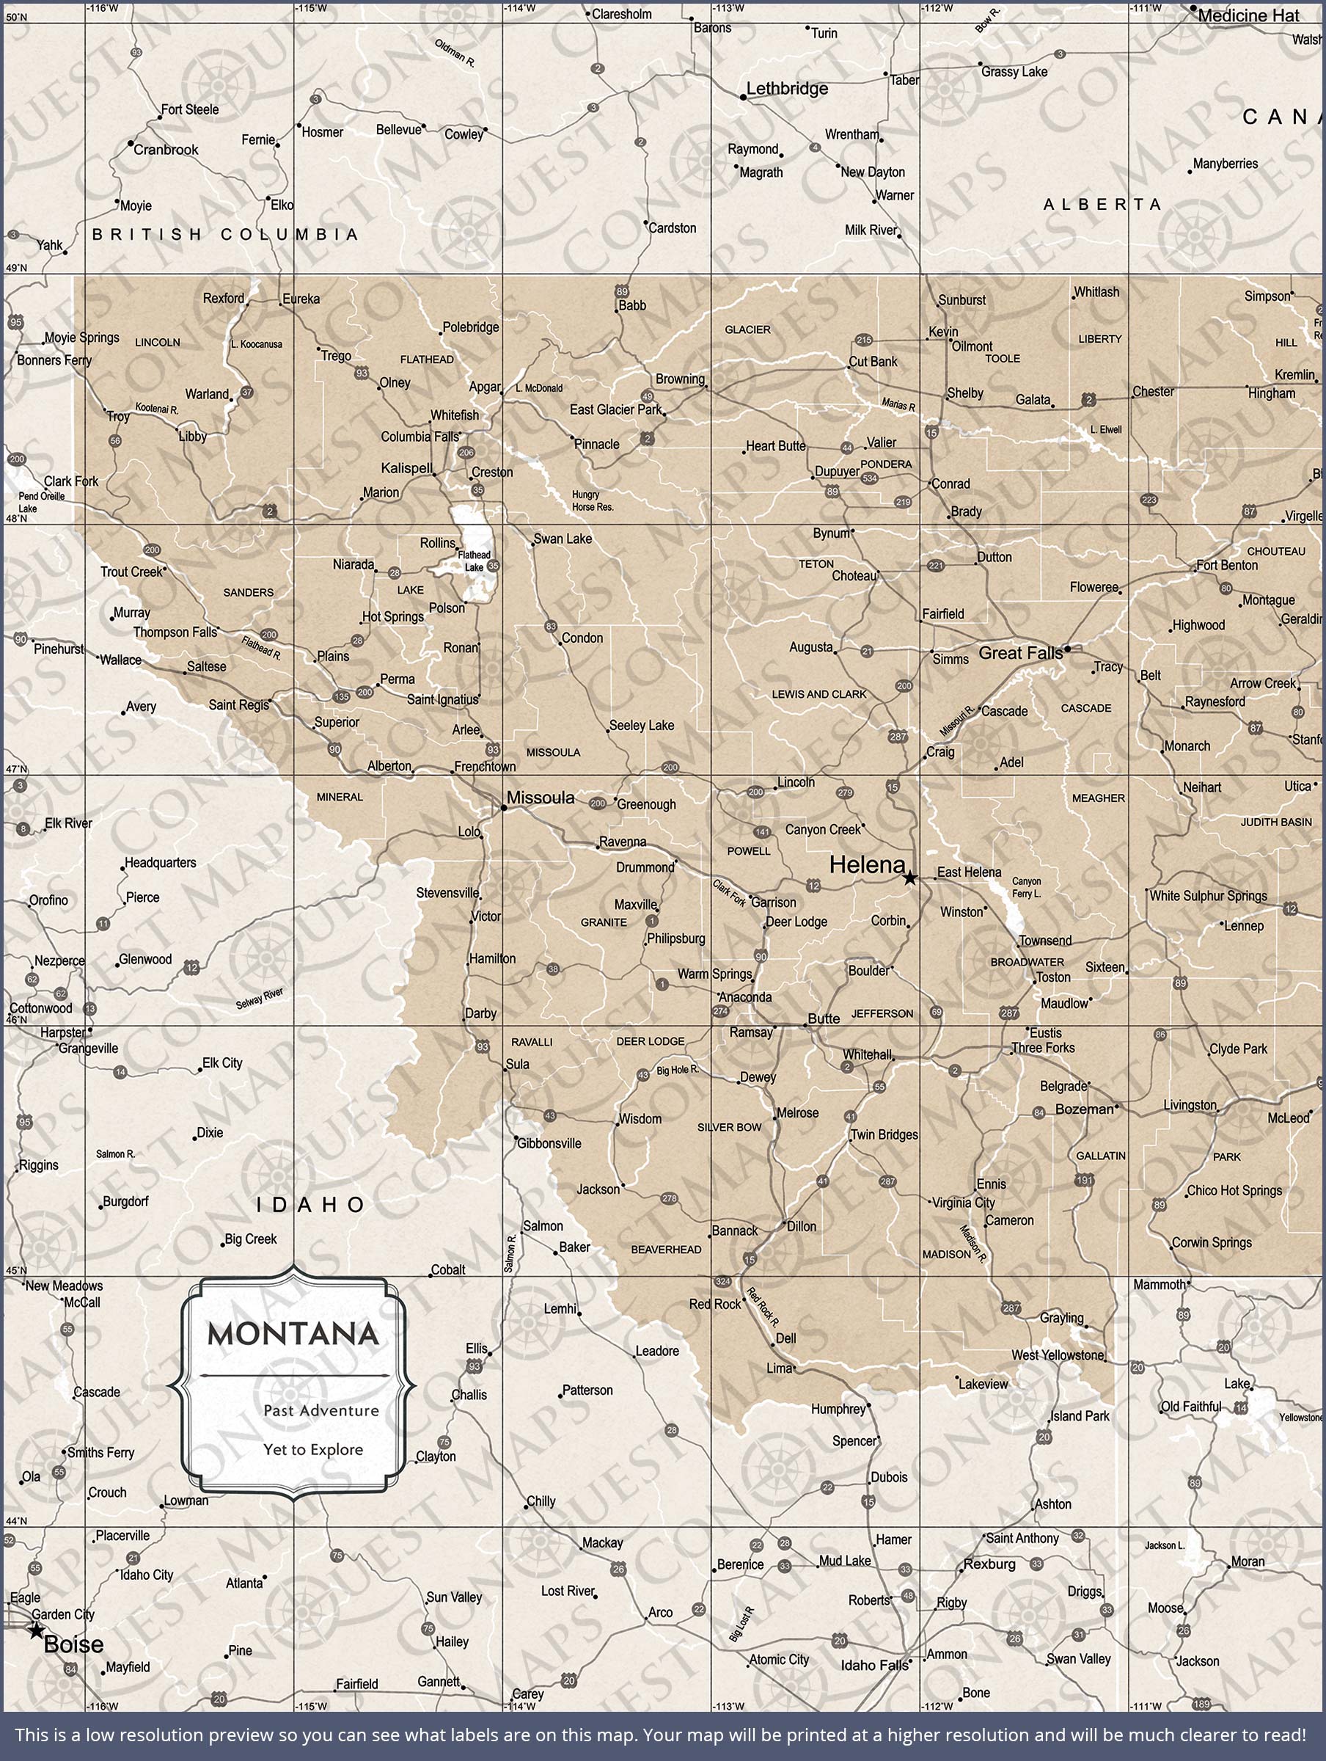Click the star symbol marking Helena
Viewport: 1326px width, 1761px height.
coord(909,878)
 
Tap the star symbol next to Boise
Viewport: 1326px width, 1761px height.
coord(36,1630)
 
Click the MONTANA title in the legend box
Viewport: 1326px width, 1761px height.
coord(293,1334)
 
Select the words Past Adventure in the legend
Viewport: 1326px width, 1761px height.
coord(320,1411)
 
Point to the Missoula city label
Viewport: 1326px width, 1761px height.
coord(541,798)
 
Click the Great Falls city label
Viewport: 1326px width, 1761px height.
coord(1020,653)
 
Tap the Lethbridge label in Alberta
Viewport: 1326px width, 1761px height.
coord(786,88)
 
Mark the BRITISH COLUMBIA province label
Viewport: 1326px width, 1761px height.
coord(225,234)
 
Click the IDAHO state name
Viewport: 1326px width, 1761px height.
coord(311,1205)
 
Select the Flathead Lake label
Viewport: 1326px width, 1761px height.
coord(475,561)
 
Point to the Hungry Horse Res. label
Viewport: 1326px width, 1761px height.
coord(592,500)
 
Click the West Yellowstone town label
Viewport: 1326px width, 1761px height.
coord(1058,1355)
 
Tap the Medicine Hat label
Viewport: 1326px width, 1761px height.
coord(1248,15)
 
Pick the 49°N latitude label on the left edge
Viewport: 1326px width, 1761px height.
coord(16,268)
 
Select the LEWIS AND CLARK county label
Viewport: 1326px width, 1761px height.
coord(819,694)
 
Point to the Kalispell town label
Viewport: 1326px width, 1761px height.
coord(407,468)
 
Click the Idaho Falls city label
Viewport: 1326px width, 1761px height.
coord(874,1666)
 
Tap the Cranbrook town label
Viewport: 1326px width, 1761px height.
coord(166,150)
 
